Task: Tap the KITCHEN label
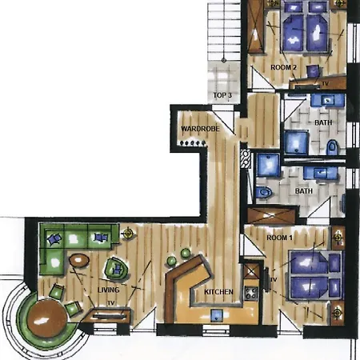point(218,292)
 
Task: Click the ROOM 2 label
point(283,67)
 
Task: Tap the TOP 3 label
point(222,95)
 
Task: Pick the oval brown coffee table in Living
point(79,259)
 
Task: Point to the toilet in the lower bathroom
point(264,192)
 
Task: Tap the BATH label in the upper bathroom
point(323,122)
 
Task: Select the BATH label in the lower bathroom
point(303,192)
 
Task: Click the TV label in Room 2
point(325,83)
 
